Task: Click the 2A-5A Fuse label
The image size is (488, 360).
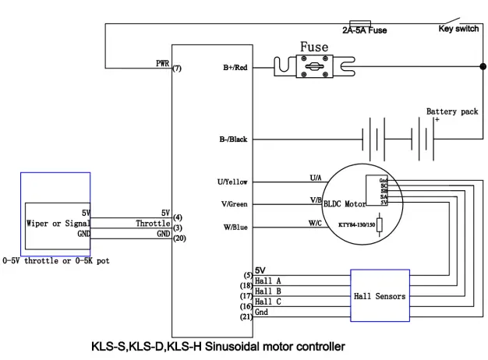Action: tap(370, 30)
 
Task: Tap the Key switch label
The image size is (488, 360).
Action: tap(458, 29)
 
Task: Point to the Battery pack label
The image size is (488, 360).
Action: tap(452, 111)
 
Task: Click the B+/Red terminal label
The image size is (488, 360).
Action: tap(235, 69)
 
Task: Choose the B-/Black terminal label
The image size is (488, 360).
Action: tap(233, 139)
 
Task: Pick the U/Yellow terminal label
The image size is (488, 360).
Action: tap(232, 182)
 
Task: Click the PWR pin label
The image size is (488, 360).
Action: tap(163, 62)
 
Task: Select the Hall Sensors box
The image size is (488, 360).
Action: tap(380, 296)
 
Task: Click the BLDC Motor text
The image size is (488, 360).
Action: tap(345, 204)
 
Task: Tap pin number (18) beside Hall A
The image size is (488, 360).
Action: tap(245, 286)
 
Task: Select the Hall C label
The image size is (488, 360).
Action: tap(268, 302)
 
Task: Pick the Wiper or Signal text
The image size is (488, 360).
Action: tap(58, 223)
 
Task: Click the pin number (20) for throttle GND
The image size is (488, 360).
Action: tap(179, 238)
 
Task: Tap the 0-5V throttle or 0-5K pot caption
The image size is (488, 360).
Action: tap(56, 260)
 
